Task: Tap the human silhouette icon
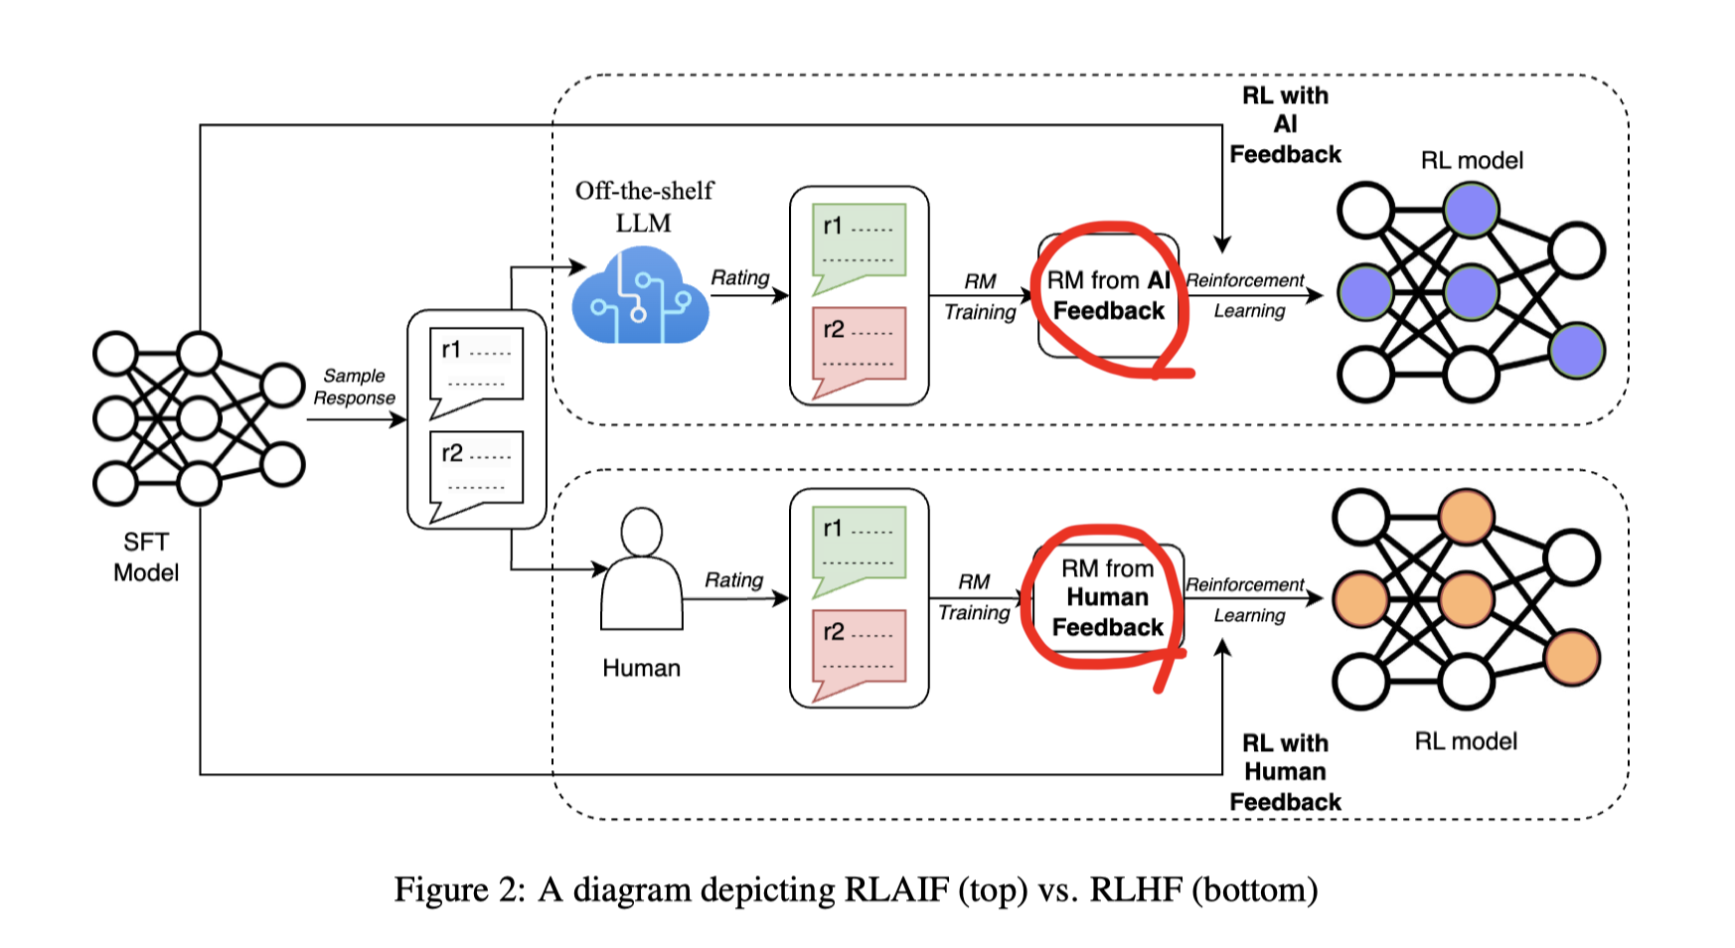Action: (641, 571)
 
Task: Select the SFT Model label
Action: (146, 556)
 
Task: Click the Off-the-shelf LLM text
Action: (644, 206)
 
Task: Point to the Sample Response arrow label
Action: (355, 387)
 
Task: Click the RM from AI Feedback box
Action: (1108, 296)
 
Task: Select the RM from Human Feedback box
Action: (1108, 597)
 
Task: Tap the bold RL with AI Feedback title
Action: (1285, 125)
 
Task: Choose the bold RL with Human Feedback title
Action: (1285, 772)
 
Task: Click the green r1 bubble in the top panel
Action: (859, 244)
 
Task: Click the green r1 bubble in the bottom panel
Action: (859, 548)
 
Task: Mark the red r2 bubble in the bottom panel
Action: (859, 650)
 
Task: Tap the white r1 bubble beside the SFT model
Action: (477, 368)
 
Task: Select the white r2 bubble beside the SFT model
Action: (477, 471)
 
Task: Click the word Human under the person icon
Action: (641, 668)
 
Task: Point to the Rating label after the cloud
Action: (740, 277)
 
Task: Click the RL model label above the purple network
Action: (1472, 160)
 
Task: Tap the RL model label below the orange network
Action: (1466, 741)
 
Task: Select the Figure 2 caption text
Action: (856, 889)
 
